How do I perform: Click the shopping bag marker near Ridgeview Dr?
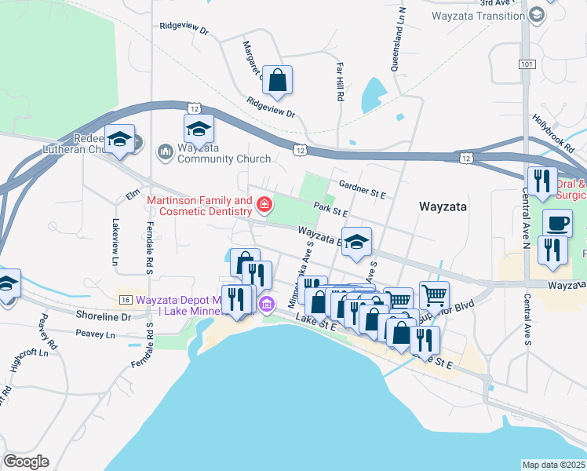tap(277, 80)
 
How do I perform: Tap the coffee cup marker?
tap(557, 224)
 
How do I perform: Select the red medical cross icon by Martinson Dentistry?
tap(264, 206)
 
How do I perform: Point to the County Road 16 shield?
tap(125, 300)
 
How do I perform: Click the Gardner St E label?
tap(362, 188)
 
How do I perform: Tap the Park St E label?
tap(330, 209)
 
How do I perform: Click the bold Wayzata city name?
tap(443, 207)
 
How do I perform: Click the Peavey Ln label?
tap(95, 335)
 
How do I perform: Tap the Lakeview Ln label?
tap(115, 240)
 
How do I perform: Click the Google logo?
tap(26, 462)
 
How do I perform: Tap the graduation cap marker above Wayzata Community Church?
tap(199, 130)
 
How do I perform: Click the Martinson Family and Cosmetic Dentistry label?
tap(199, 206)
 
